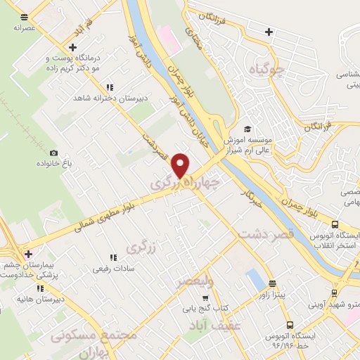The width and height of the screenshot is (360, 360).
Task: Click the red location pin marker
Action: click(181, 165)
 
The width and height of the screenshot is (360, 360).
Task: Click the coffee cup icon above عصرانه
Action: click(25, 17)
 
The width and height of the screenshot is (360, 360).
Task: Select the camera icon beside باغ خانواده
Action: click(53, 153)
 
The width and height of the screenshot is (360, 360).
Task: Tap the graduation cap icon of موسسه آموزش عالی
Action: click(247, 129)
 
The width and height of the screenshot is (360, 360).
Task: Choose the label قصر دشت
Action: click(264, 234)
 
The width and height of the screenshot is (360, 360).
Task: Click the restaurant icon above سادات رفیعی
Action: click(112, 258)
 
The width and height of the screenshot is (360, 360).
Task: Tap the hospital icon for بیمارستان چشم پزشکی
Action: click(28, 254)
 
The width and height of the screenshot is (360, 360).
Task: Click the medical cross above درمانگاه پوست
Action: click(73, 46)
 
